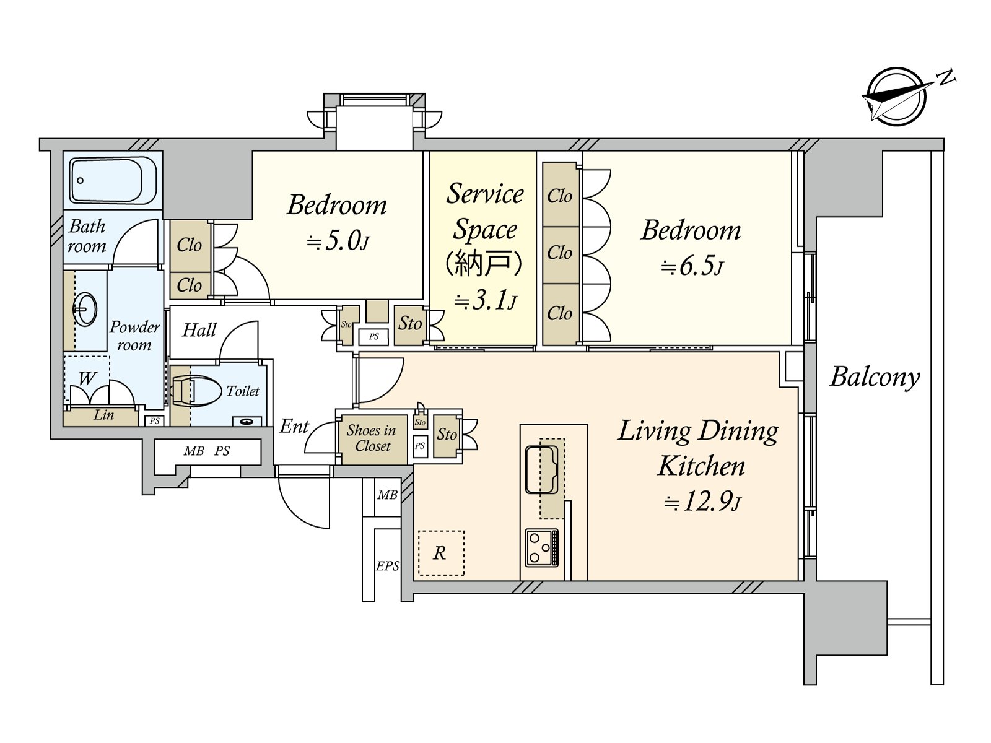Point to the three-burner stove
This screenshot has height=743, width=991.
point(541,547)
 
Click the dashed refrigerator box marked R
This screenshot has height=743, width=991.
point(440,553)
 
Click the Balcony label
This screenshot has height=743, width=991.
point(875,376)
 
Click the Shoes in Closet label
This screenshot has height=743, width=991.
point(371,438)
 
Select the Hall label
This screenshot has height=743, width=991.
point(199,330)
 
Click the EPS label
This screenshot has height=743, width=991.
point(388,566)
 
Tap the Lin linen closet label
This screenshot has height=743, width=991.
point(103,415)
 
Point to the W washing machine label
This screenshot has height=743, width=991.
point(87,378)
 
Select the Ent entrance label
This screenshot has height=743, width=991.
point(294,426)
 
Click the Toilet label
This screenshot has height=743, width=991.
point(243,391)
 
